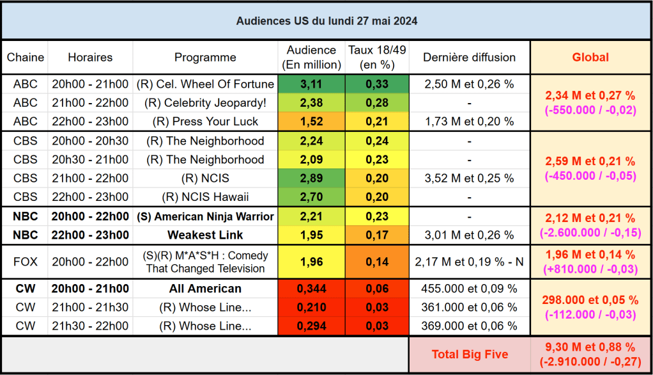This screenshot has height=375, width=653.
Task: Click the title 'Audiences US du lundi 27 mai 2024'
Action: pos(326,21)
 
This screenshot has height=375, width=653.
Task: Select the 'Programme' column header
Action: pos(205,58)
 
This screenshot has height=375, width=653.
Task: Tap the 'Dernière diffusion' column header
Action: pos(469,58)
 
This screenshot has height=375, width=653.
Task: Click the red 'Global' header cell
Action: pos(590,58)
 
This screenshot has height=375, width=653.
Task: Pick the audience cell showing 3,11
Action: pos(312,84)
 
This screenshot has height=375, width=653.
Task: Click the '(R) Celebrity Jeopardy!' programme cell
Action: pos(205,102)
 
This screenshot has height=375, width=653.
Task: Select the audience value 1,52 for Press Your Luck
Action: pos(312,122)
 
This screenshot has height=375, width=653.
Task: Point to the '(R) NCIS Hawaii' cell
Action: pos(205,196)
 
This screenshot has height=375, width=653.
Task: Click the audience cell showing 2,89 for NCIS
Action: pos(312,178)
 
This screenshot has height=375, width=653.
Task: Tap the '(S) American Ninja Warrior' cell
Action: pos(205,216)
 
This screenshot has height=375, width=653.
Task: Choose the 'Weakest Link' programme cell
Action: pos(205,235)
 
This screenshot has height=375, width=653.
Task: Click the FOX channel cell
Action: pos(26,261)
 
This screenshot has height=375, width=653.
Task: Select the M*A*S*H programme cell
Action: pos(205,262)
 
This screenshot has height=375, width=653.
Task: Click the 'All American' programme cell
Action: pos(205,289)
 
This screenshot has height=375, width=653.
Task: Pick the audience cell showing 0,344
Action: pos(312,289)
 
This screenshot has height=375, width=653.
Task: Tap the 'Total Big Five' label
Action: pos(470,354)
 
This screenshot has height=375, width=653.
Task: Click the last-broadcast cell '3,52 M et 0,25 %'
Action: pos(469,178)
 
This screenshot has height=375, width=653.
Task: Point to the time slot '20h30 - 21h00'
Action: pos(90,159)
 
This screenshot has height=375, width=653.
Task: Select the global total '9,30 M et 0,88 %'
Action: pos(590,347)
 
